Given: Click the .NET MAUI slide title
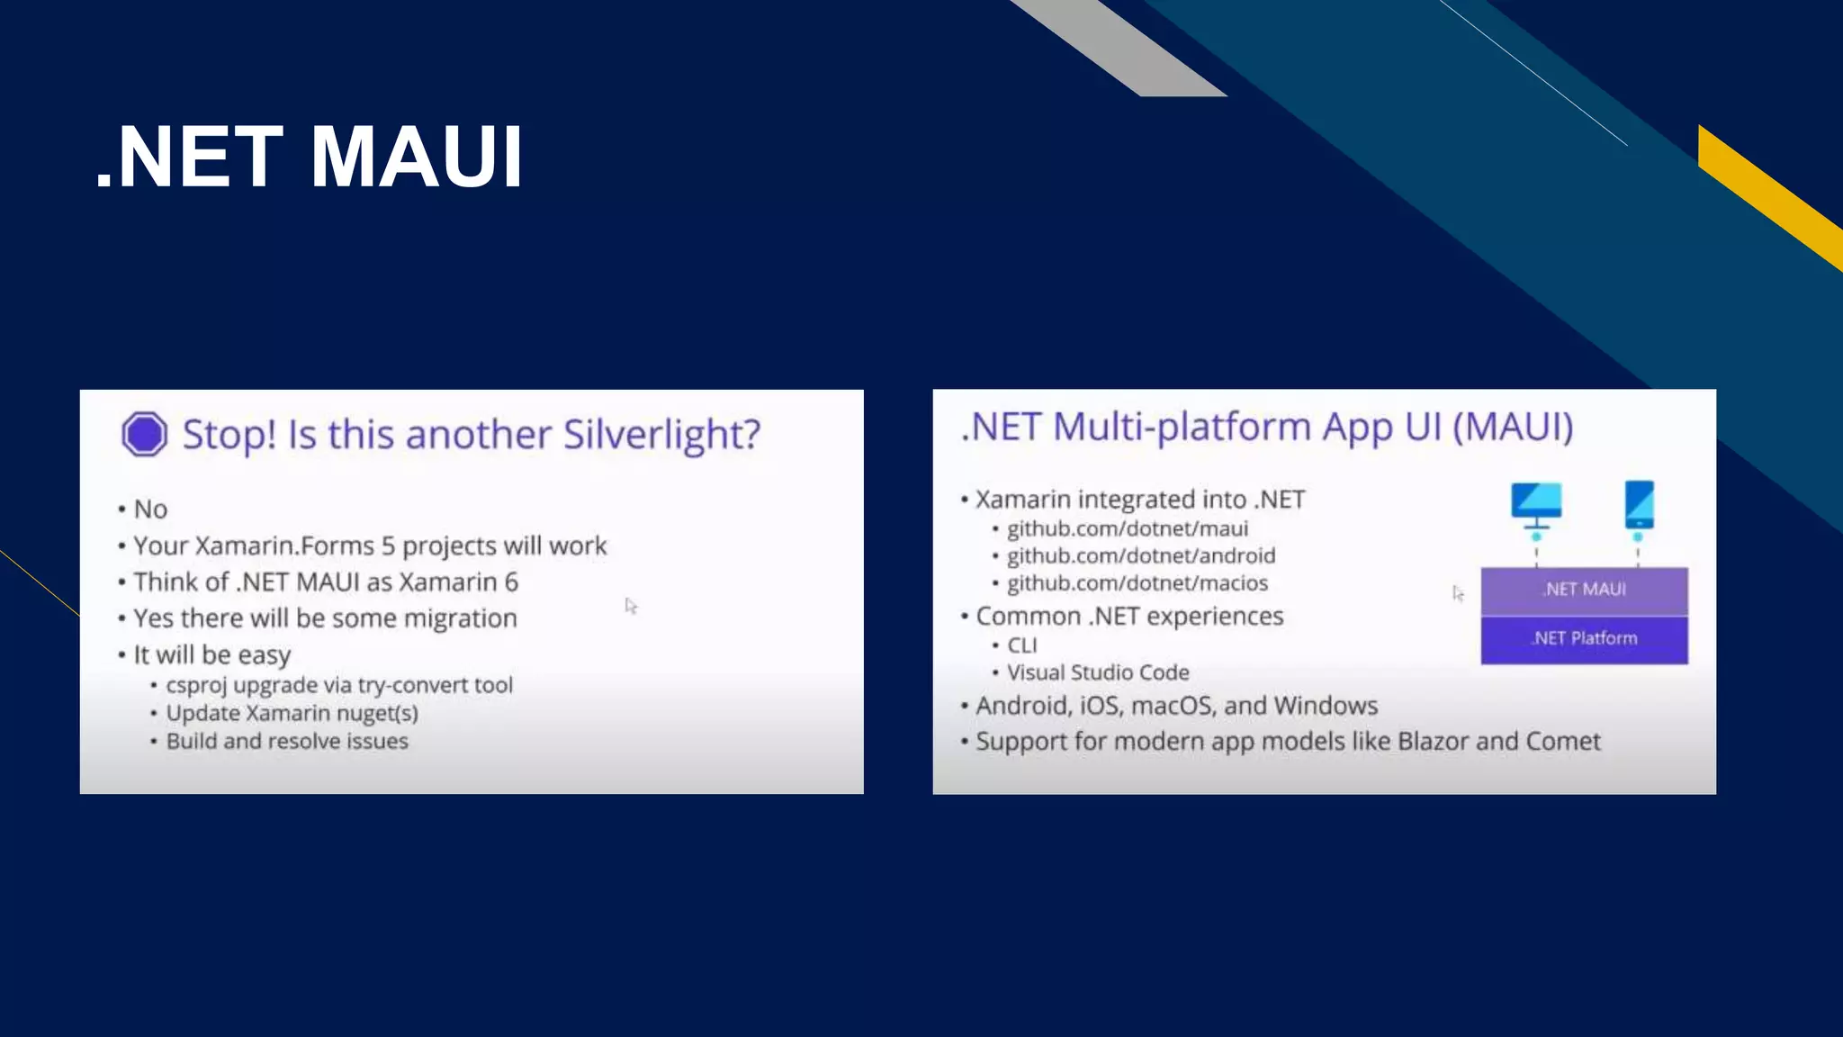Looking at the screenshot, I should [309, 158].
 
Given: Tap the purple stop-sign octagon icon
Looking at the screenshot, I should [144, 435].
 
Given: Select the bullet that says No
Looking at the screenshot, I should [150, 509].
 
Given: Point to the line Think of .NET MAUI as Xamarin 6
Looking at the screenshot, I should [326, 582].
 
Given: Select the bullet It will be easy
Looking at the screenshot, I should [211, 654].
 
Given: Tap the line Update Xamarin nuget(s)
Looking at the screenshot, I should [292, 713].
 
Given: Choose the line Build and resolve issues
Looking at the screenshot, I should [287, 741].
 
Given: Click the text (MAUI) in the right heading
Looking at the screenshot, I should [1513, 427].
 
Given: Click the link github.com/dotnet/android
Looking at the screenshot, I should [1140, 555].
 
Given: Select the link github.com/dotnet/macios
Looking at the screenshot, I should [1137, 583].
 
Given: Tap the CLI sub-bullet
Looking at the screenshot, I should [1021, 645].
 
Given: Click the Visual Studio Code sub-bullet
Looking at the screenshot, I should [1098, 672].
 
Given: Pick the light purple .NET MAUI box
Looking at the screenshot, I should [1584, 590].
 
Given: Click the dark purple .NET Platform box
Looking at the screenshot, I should [1584, 639].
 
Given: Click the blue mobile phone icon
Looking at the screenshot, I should [1639, 505].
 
